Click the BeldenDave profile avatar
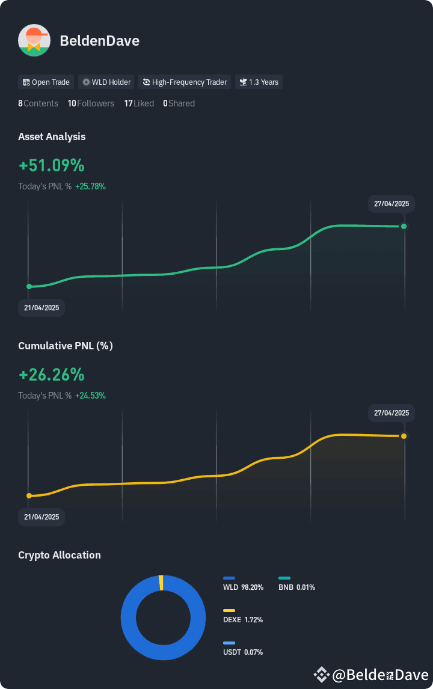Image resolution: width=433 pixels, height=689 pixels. [34, 40]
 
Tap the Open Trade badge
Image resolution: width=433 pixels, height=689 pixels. [46, 82]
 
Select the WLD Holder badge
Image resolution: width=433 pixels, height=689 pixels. [106, 82]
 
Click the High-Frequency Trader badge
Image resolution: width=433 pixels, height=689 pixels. [185, 82]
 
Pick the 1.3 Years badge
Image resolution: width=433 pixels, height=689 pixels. [259, 82]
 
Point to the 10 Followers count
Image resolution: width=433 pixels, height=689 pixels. [91, 103]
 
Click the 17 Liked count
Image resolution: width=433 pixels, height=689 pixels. [139, 103]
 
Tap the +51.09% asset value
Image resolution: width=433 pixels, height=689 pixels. [52, 165]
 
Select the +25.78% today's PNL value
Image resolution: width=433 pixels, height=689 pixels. [91, 186]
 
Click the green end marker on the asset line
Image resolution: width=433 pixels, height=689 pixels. [404, 226]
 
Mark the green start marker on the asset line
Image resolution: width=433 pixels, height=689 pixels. [29, 287]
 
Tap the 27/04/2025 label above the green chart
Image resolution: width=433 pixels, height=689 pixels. [392, 204]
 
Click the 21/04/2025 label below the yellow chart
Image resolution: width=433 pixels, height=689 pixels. [41, 517]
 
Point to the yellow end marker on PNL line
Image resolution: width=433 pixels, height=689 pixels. [404, 436]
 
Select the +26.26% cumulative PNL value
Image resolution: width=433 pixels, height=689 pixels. [52, 375]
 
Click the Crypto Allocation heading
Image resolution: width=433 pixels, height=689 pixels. [60, 555]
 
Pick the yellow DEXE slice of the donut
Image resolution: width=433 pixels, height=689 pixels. [161, 583]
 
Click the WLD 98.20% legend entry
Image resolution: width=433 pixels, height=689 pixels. [243, 584]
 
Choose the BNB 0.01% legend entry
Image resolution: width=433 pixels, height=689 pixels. [296, 584]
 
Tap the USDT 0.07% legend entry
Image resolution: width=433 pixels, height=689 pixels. [242, 649]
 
